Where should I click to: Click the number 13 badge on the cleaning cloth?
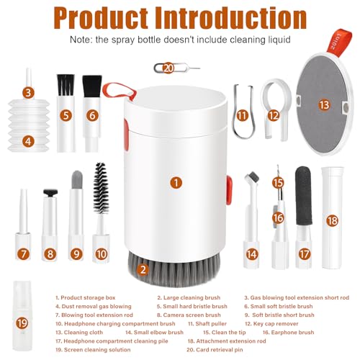tap(324, 105)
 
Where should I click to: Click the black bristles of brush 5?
tap(66, 85)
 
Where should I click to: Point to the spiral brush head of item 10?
tap(101, 188)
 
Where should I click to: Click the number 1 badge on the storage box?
tap(176, 183)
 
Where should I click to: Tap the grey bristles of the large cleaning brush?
tap(174, 270)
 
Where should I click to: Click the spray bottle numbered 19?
tap(22, 315)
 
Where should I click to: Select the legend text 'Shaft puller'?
tap(207, 324)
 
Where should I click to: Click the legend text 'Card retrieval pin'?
tap(215, 350)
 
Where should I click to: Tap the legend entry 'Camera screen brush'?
tap(189, 315)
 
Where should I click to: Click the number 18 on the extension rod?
tap(333, 221)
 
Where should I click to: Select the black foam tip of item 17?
tap(303, 196)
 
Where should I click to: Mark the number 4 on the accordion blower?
tap(28, 142)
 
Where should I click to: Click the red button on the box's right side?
tap(229, 191)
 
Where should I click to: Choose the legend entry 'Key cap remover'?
tap(271, 324)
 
